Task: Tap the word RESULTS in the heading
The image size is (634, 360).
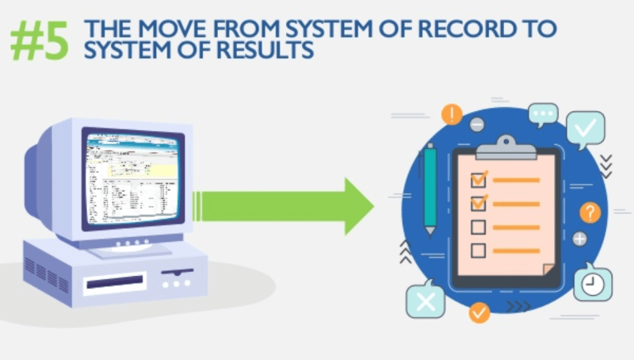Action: click(265, 50)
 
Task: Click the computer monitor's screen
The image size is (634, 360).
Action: click(134, 177)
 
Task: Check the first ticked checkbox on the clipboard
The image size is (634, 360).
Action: click(479, 178)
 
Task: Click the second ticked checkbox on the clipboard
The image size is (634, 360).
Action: click(479, 203)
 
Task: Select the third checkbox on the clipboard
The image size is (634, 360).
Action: click(478, 228)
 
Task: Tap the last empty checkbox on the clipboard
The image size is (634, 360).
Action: click(478, 251)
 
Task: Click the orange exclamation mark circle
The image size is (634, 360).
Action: click(452, 114)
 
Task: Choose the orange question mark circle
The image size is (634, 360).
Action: click(590, 213)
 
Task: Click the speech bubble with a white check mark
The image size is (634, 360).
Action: click(586, 128)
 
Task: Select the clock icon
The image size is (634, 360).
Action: click(592, 283)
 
